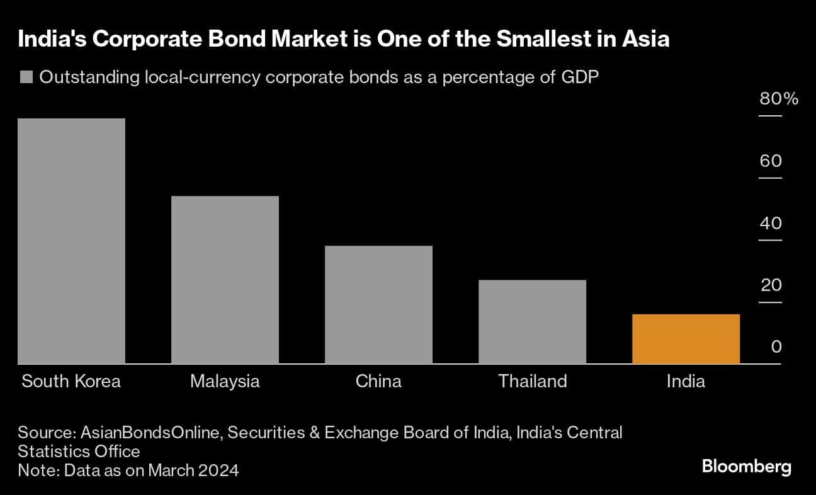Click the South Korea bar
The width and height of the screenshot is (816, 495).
(x=71, y=241)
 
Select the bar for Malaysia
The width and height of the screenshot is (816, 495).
(x=225, y=280)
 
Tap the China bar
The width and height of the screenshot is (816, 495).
(x=378, y=305)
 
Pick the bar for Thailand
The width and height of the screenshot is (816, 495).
(x=532, y=322)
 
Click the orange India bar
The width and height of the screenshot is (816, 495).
(x=686, y=339)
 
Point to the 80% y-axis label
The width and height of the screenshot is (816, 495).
(x=779, y=99)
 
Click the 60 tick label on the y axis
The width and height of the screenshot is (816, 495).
(x=771, y=161)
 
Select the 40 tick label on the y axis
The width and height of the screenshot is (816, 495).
(x=771, y=224)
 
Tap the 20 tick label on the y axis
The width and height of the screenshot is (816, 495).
(x=771, y=285)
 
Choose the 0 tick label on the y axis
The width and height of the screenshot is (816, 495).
(x=776, y=347)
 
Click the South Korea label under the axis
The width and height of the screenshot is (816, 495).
(x=71, y=382)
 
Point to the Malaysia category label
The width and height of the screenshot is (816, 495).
(x=225, y=382)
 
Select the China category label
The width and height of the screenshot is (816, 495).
(x=378, y=382)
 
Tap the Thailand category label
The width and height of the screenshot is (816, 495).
(x=532, y=382)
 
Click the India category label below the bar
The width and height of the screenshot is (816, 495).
(x=686, y=382)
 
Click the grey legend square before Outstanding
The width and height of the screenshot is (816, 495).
(x=26, y=78)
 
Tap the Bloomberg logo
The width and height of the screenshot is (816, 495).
(x=746, y=467)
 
